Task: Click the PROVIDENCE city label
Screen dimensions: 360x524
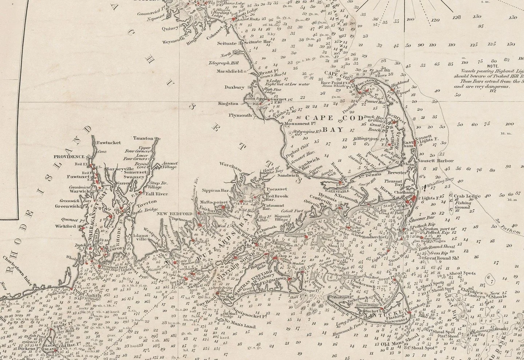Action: [x=69, y=157]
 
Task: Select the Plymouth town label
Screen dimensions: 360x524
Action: [x=240, y=115]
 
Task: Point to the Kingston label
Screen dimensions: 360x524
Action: [x=228, y=104]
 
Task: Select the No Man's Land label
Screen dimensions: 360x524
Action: [x=240, y=327]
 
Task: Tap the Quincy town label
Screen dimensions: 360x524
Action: [x=171, y=28]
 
